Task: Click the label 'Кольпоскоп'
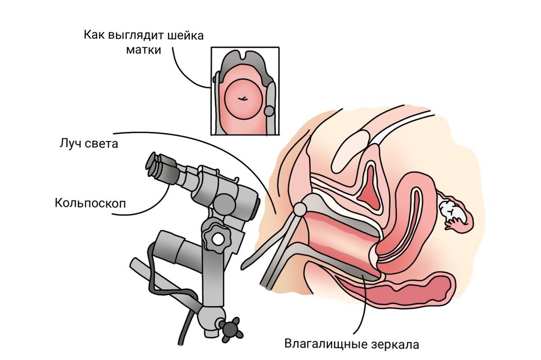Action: pos(90,203)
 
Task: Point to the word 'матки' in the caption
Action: pos(142,50)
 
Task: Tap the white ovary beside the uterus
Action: pos(450,211)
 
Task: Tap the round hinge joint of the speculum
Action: pos(299,209)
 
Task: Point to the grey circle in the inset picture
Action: pos(269,110)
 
